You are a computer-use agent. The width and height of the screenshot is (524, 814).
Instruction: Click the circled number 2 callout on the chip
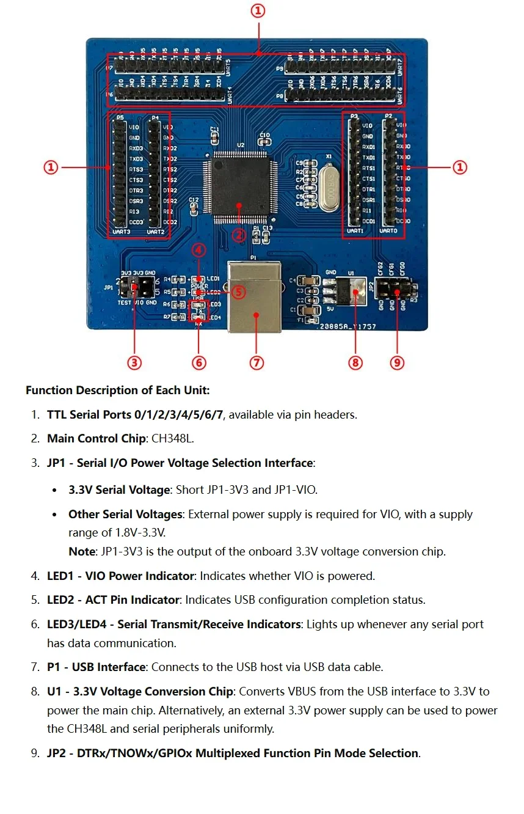(x=239, y=235)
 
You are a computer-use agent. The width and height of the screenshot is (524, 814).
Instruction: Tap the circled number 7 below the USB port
(x=257, y=362)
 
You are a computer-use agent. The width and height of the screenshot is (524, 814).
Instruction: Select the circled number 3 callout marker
(x=134, y=362)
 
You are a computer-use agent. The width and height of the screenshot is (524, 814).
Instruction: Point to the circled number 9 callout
(x=397, y=362)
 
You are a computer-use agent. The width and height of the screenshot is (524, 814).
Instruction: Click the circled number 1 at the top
(x=258, y=11)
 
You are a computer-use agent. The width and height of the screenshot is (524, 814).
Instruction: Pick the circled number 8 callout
(x=355, y=362)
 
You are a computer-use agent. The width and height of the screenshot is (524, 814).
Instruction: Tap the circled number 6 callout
(x=198, y=362)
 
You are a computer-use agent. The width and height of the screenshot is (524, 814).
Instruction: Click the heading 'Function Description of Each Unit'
(x=117, y=391)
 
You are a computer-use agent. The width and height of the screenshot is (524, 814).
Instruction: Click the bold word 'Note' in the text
(x=81, y=551)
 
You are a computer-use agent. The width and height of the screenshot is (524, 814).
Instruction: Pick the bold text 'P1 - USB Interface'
(x=96, y=667)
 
